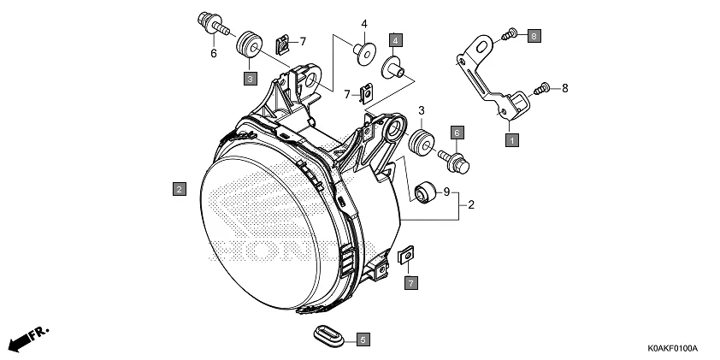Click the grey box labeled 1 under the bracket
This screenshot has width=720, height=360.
(511, 139)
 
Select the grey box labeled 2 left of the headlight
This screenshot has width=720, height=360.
(178, 188)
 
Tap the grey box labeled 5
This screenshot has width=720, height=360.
(363, 339)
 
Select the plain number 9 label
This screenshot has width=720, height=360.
(446, 192)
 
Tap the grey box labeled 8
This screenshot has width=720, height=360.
(532, 35)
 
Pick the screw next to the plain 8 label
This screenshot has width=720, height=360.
(541, 87)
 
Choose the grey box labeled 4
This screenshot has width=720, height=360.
(395, 39)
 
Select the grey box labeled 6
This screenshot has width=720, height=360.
(457, 133)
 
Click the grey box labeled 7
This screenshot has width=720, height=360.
(410, 282)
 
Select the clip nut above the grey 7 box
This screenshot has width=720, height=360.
(407, 255)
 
